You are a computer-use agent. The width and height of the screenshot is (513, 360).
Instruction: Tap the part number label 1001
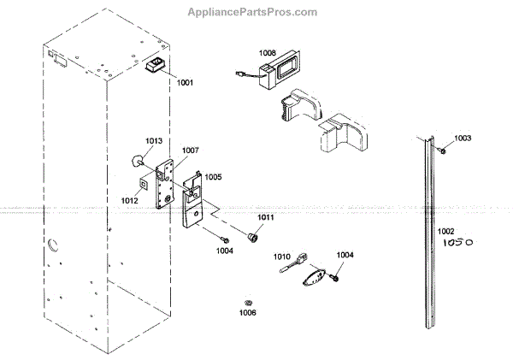click(x=186, y=82)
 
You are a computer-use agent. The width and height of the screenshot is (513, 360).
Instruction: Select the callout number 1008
click(x=268, y=52)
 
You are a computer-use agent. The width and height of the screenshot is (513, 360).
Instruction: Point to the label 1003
click(x=463, y=138)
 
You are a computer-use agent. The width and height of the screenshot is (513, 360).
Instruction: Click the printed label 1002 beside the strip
click(x=446, y=231)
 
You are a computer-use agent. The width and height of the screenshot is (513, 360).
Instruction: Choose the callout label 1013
click(x=154, y=141)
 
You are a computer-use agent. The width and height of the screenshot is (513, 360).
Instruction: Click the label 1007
click(x=190, y=150)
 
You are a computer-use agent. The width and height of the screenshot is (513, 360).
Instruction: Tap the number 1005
click(x=213, y=177)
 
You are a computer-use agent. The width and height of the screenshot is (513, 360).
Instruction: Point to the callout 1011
click(x=266, y=218)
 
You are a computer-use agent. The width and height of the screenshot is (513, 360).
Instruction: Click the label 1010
click(x=283, y=256)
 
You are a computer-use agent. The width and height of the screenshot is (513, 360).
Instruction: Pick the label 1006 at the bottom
click(x=248, y=313)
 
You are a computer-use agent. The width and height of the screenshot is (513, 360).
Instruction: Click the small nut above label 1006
click(x=247, y=302)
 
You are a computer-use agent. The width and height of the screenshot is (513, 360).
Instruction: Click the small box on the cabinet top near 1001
click(x=155, y=67)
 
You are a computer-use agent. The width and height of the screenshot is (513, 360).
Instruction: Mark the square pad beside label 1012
click(x=143, y=182)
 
